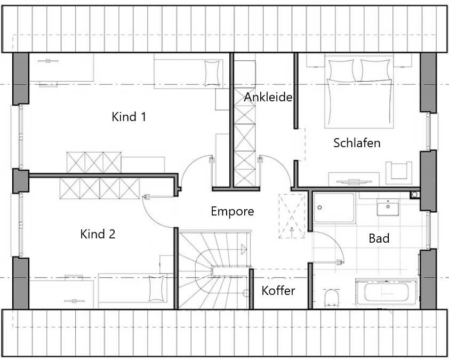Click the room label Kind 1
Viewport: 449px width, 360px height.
129,117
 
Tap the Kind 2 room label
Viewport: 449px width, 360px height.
98,234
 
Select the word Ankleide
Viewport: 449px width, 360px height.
268,98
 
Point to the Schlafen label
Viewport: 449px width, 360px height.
357,143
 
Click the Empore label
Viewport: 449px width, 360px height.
232,211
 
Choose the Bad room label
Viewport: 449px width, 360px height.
379,238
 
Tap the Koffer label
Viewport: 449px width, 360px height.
278,291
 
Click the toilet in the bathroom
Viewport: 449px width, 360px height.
332,297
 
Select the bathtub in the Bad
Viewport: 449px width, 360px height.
387,292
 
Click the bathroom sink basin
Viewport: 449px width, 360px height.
388,207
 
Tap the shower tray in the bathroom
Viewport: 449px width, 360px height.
334,207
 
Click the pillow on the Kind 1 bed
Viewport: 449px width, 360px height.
211,72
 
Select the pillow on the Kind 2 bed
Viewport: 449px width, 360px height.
156,289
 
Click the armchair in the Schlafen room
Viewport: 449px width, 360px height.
398,170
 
